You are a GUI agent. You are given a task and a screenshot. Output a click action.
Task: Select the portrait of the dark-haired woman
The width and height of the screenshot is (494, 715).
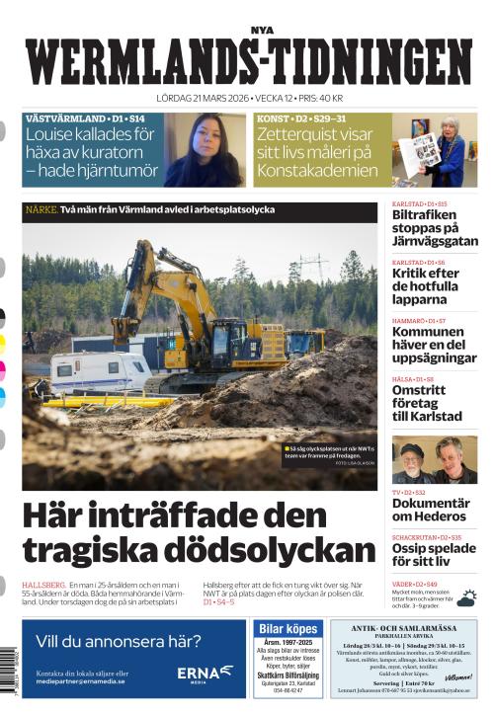217,150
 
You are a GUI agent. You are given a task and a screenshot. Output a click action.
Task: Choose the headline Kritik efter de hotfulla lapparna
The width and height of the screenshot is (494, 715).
426,285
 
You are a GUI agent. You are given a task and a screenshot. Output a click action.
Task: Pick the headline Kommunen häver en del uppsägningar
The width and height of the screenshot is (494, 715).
433,343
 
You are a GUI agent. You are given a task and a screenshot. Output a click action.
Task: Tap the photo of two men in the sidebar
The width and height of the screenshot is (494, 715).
434,459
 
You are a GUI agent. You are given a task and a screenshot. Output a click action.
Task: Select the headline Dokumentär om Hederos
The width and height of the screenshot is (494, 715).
431,510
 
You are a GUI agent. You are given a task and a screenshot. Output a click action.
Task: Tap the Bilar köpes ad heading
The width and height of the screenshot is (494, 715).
288,629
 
